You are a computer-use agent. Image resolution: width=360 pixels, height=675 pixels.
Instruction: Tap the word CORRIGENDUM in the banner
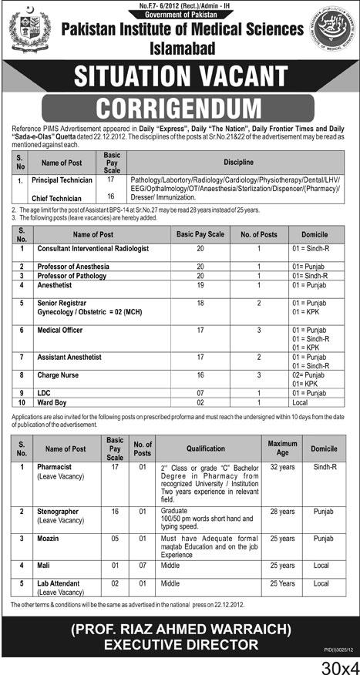(180, 106)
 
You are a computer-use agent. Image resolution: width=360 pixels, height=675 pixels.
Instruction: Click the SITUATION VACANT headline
(180, 77)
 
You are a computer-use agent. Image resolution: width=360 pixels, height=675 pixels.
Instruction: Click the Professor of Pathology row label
(75, 275)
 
